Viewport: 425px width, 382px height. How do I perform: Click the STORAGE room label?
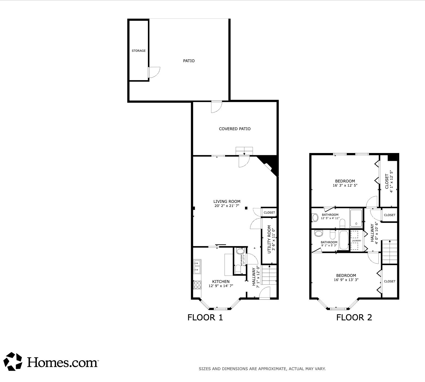coord(139,51)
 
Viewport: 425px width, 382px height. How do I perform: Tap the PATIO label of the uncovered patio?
coord(189,61)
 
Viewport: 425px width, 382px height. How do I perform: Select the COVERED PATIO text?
coord(234,129)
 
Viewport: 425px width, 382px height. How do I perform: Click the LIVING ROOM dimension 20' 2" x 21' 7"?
coord(227,206)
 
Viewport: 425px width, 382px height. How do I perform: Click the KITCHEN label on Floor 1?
coord(221,282)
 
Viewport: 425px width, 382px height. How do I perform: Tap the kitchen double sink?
coord(197,266)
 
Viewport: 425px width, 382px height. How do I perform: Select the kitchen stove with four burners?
coord(197,285)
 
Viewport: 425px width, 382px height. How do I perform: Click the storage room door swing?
coord(154,72)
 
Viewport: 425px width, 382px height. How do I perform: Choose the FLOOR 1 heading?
coord(205,317)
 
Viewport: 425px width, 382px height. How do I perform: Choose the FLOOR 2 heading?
coord(354,317)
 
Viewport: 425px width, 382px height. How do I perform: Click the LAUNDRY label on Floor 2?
coord(357,241)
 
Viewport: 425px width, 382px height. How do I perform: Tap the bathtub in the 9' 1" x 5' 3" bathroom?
coord(343,240)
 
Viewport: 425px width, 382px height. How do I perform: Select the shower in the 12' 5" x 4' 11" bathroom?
coord(356,218)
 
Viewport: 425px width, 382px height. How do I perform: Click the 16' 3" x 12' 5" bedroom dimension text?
coord(345,185)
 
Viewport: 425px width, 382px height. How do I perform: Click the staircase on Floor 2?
coord(390,252)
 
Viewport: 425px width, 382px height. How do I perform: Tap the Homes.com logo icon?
coord(14,361)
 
